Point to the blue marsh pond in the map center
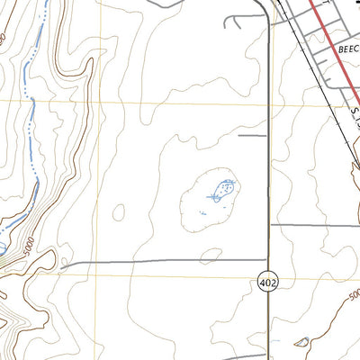coord(223,190)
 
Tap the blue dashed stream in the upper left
coord(33,108)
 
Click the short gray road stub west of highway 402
coord(253,136)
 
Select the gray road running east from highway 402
coord(315,224)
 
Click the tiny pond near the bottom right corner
coord(301,342)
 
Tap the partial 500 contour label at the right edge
coord(353,294)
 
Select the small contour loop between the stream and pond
coord(117,211)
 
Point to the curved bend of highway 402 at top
coord(266,9)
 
